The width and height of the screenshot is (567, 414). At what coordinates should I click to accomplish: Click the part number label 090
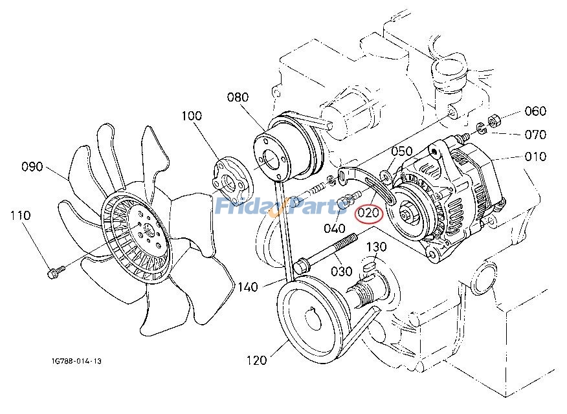click(32, 166)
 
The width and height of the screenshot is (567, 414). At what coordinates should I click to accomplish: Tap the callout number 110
click(20, 215)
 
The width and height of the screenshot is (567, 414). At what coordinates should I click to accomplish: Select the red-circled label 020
click(369, 213)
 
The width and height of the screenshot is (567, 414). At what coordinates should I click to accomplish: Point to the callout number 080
click(238, 98)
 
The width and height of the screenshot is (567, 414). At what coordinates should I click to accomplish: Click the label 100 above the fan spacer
click(191, 116)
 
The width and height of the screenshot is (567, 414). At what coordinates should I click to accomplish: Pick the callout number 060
click(535, 111)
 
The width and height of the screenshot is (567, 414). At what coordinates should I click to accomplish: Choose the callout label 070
click(535, 135)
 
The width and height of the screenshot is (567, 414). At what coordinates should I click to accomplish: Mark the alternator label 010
click(535, 156)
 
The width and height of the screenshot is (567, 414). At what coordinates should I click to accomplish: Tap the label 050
click(401, 151)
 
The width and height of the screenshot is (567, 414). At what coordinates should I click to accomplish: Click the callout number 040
click(334, 228)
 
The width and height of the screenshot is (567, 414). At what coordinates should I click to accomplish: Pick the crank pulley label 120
click(256, 360)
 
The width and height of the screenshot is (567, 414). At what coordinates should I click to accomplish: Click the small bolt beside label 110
click(54, 273)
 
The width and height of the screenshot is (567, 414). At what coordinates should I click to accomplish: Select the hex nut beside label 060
click(492, 120)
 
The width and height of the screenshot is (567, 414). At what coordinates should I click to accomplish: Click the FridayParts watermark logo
click(282, 206)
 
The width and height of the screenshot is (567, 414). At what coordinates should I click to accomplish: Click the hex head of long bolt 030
click(301, 266)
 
